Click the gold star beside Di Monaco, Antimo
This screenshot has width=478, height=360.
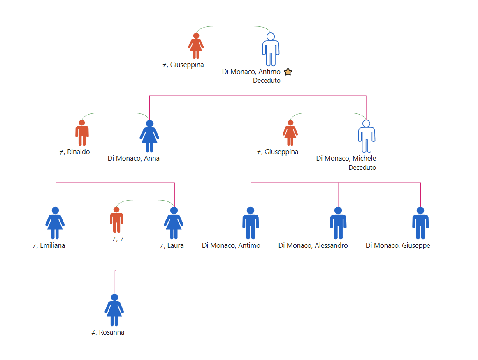click(x=288, y=72)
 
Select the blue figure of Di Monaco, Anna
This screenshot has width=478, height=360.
click(x=149, y=136)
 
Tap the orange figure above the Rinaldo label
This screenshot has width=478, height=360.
click(x=82, y=133)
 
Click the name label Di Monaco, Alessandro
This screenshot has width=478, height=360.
click(x=313, y=245)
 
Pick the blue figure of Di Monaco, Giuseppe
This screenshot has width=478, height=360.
click(x=420, y=223)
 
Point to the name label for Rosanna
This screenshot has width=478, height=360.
click(x=108, y=332)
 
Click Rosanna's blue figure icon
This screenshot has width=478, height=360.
click(x=114, y=310)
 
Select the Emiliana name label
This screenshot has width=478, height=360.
click(x=49, y=245)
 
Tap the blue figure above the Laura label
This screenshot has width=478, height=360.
click(x=174, y=223)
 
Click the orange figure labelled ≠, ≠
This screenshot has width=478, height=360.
click(x=116, y=219)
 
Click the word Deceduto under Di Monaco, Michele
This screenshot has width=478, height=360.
click(x=362, y=168)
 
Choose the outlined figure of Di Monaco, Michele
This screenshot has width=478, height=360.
click(x=367, y=136)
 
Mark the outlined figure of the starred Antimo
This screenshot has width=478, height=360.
click(x=271, y=49)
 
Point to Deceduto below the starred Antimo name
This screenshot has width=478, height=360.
click(x=267, y=81)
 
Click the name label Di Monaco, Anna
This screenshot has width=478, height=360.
click(x=134, y=158)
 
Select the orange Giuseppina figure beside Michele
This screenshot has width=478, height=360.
click(x=290, y=133)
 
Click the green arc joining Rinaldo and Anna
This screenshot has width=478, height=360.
click(x=116, y=113)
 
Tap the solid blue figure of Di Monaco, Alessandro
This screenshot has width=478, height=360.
click(x=338, y=223)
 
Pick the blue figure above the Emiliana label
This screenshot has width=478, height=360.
click(x=55, y=223)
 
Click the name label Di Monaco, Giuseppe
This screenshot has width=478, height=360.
click(x=398, y=245)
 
